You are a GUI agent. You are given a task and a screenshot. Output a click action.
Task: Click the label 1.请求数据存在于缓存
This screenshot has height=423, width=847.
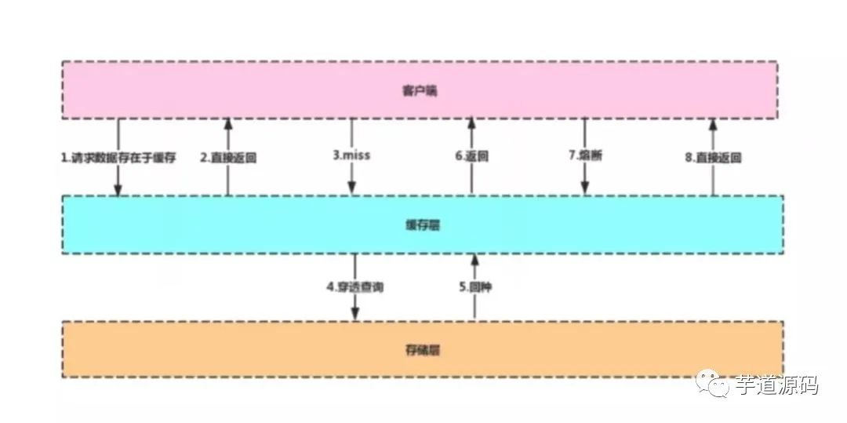click(x=118, y=157)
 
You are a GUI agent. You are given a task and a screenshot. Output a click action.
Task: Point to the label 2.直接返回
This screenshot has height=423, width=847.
click(x=228, y=157)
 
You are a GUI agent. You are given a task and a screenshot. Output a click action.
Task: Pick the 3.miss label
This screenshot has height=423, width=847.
click(x=351, y=155)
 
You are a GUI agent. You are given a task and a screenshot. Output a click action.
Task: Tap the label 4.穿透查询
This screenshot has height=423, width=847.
click(x=355, y=287)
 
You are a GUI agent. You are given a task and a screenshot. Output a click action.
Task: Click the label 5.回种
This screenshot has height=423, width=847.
click(x=474, y=287)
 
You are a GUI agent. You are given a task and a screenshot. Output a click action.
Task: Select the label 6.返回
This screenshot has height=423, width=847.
click(x=471, y=156)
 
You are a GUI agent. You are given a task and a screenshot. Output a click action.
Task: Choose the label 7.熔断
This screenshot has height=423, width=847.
click(x=585, y=155)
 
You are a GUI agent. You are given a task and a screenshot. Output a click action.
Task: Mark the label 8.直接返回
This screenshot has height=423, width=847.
click(x=713, y=157)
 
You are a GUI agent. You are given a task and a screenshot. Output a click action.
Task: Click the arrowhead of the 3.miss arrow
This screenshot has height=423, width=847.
click(x=352, y=188)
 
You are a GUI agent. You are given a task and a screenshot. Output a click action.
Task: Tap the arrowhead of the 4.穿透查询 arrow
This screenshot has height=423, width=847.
click(x=355, y=315)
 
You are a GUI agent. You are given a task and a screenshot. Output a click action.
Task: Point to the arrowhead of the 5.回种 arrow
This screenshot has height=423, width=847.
click(x=474, y=259)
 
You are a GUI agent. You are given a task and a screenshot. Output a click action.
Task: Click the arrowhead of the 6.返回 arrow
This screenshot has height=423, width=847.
click(x=471, y=123)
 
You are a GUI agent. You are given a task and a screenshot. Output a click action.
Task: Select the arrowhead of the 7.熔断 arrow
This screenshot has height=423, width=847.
click(x=585, y=188)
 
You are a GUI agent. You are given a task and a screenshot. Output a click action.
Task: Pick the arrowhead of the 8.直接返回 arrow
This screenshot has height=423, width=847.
click(x=713, y=123)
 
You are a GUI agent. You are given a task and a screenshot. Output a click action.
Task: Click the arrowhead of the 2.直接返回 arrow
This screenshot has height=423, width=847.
click(x=228, y=123)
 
